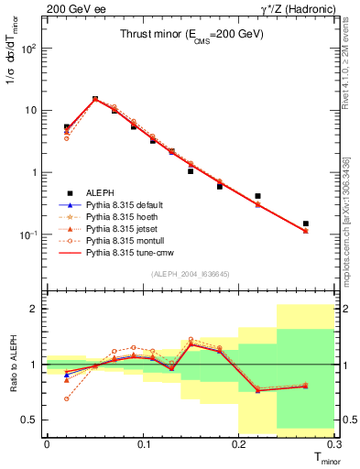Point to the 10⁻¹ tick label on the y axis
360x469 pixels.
click(x=27, y=234)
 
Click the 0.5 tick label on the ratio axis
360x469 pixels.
click(x=29, y=420)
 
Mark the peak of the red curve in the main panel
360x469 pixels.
click(x=95, y=99)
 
